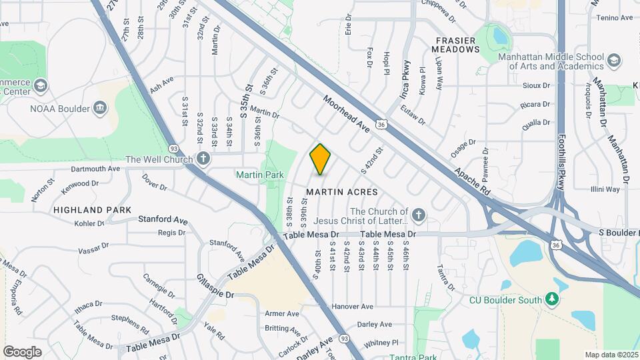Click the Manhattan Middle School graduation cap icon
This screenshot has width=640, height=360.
coord(613,61)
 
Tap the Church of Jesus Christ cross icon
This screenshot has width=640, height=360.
coord(418,215)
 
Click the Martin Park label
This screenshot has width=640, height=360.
coord(259,175)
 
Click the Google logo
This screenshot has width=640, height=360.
coord(22,351)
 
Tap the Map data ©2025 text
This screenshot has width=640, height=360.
coord(611,355)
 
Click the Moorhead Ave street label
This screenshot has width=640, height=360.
coord(347,113)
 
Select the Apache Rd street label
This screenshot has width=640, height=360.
coord(473,181)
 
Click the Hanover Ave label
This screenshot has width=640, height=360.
coord(353,307)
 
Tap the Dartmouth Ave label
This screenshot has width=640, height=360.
coord(90,169)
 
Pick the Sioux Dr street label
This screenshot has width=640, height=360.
coord(537,85)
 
